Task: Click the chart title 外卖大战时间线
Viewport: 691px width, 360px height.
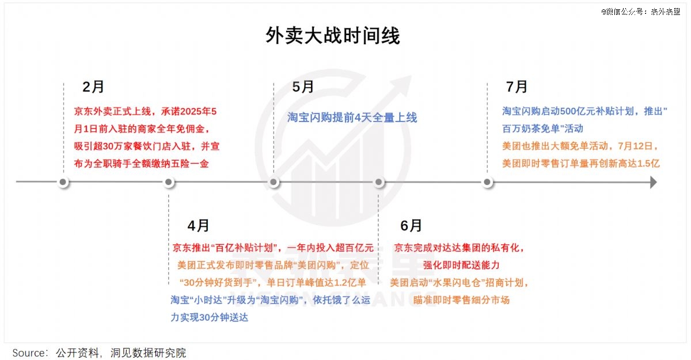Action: (x=333, y=36)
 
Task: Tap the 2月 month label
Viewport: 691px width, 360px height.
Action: (x=93, y=86)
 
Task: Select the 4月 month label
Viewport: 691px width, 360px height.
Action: (x=198, y=225)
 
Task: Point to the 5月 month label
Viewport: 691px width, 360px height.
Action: (x=303, y=86)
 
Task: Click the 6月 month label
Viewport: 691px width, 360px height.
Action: (x=411, y=225)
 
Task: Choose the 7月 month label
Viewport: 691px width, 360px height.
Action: (x=517, y=86)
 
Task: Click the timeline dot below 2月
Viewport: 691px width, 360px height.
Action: (x=63, y=182)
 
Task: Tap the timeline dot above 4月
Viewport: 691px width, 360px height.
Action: (x=168, y=182)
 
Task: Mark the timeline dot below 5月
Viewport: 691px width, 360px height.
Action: (x=274, y=182)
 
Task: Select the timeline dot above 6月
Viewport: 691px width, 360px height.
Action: (x=379, y=182)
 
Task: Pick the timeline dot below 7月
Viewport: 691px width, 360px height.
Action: (x=487, y=182)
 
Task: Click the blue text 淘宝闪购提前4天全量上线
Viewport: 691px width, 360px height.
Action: (x=352, y=118)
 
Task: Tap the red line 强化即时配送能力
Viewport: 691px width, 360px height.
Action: (x=461, y=265)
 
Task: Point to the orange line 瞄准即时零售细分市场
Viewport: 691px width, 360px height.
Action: (x=461, y=300)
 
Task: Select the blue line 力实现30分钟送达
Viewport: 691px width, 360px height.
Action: (x=210, y=317)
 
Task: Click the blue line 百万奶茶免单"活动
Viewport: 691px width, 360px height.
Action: (x=542, y=128)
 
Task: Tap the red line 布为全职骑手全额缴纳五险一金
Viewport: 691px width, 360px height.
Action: (x=141, y=164)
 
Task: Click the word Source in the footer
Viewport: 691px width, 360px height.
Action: (x=28, y=353)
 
